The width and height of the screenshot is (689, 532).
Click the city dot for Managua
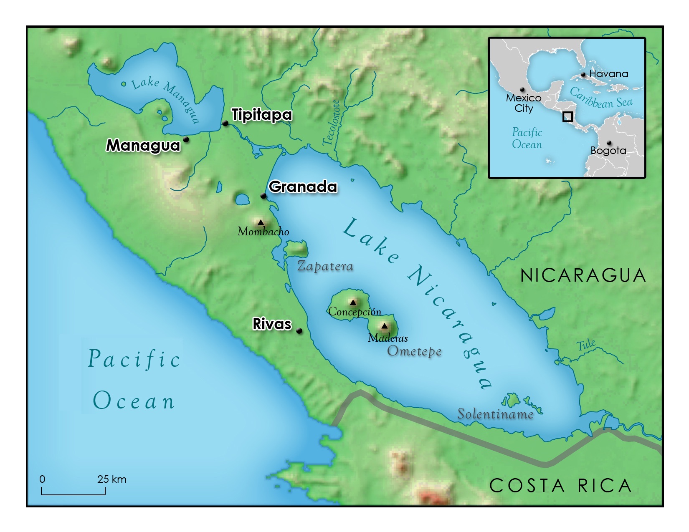(186, 139)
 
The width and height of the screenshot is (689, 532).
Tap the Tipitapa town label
(261, 114)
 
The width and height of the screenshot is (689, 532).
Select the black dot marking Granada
(263, 196)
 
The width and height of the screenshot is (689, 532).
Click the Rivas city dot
(299, 331)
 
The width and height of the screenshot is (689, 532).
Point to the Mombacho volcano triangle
(261, 222)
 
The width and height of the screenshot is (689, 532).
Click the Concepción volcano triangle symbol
(353, 303)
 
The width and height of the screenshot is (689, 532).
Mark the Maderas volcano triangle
(384, 326)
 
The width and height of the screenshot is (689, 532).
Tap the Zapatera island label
(325, 266)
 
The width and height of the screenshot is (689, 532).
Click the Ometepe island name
(414, 351)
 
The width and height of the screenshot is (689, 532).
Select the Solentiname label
(495, 414)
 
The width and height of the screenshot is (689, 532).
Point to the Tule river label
(586, 345)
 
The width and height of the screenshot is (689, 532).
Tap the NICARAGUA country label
(583, 275)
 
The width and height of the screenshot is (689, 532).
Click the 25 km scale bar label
(111, 479)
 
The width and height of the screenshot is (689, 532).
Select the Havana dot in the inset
(583, 75)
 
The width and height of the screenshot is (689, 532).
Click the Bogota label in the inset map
(608, 151)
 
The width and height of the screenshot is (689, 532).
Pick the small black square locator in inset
(567, 116)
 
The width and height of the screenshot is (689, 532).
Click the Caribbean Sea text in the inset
(601, 98)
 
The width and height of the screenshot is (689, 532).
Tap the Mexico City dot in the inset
(522, 90)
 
